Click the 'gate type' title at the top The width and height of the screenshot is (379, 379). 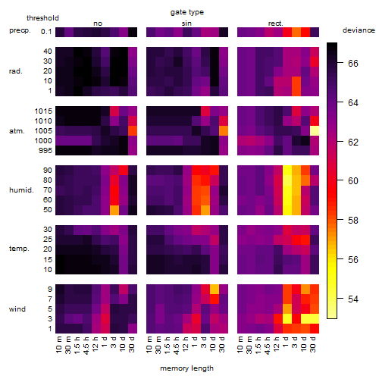tap(187, 12)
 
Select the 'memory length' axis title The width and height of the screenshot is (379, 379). tap(186, 368)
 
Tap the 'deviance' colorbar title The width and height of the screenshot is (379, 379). tap(359, 30)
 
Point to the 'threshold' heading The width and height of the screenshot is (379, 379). tap(42, 18)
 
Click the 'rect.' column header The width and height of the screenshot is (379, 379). tap(275, 23)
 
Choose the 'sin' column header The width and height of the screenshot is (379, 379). tap(186, 23)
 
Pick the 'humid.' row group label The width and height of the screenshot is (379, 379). tap(21, 190)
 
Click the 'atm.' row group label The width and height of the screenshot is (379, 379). tap(17, 131)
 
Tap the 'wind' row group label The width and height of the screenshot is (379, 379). tap(17, 309)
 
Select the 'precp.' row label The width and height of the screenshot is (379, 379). tap(20, 30)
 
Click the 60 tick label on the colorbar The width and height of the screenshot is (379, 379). tap(353, 181)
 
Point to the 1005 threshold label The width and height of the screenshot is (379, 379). tap(43, 131)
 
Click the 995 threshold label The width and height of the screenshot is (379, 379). tap(45, 151)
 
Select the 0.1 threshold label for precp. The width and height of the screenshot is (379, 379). tap(46, 32)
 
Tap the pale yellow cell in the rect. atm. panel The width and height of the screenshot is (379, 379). tap(315, 131)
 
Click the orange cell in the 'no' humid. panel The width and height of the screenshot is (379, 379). tap(114, 210)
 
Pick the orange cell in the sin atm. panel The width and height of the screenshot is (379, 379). tap(224, 131)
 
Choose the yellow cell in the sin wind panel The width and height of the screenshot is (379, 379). tap(215, 290)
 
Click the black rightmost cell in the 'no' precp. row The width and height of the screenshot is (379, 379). tap(133, 32)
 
